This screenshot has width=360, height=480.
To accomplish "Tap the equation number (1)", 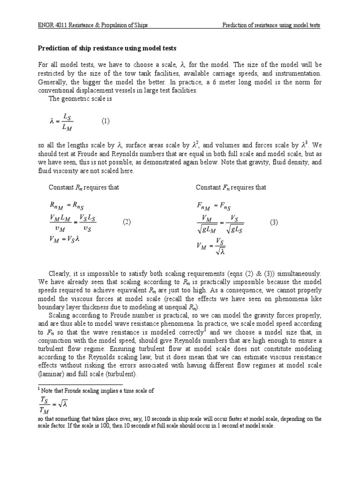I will point(105,120).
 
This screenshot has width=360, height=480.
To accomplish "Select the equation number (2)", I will point(127,222).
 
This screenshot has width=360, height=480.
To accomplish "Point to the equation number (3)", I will point(274,223).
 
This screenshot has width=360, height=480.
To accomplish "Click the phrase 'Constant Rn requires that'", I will point(84,187).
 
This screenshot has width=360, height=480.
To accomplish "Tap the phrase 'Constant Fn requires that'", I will point(231,187).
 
